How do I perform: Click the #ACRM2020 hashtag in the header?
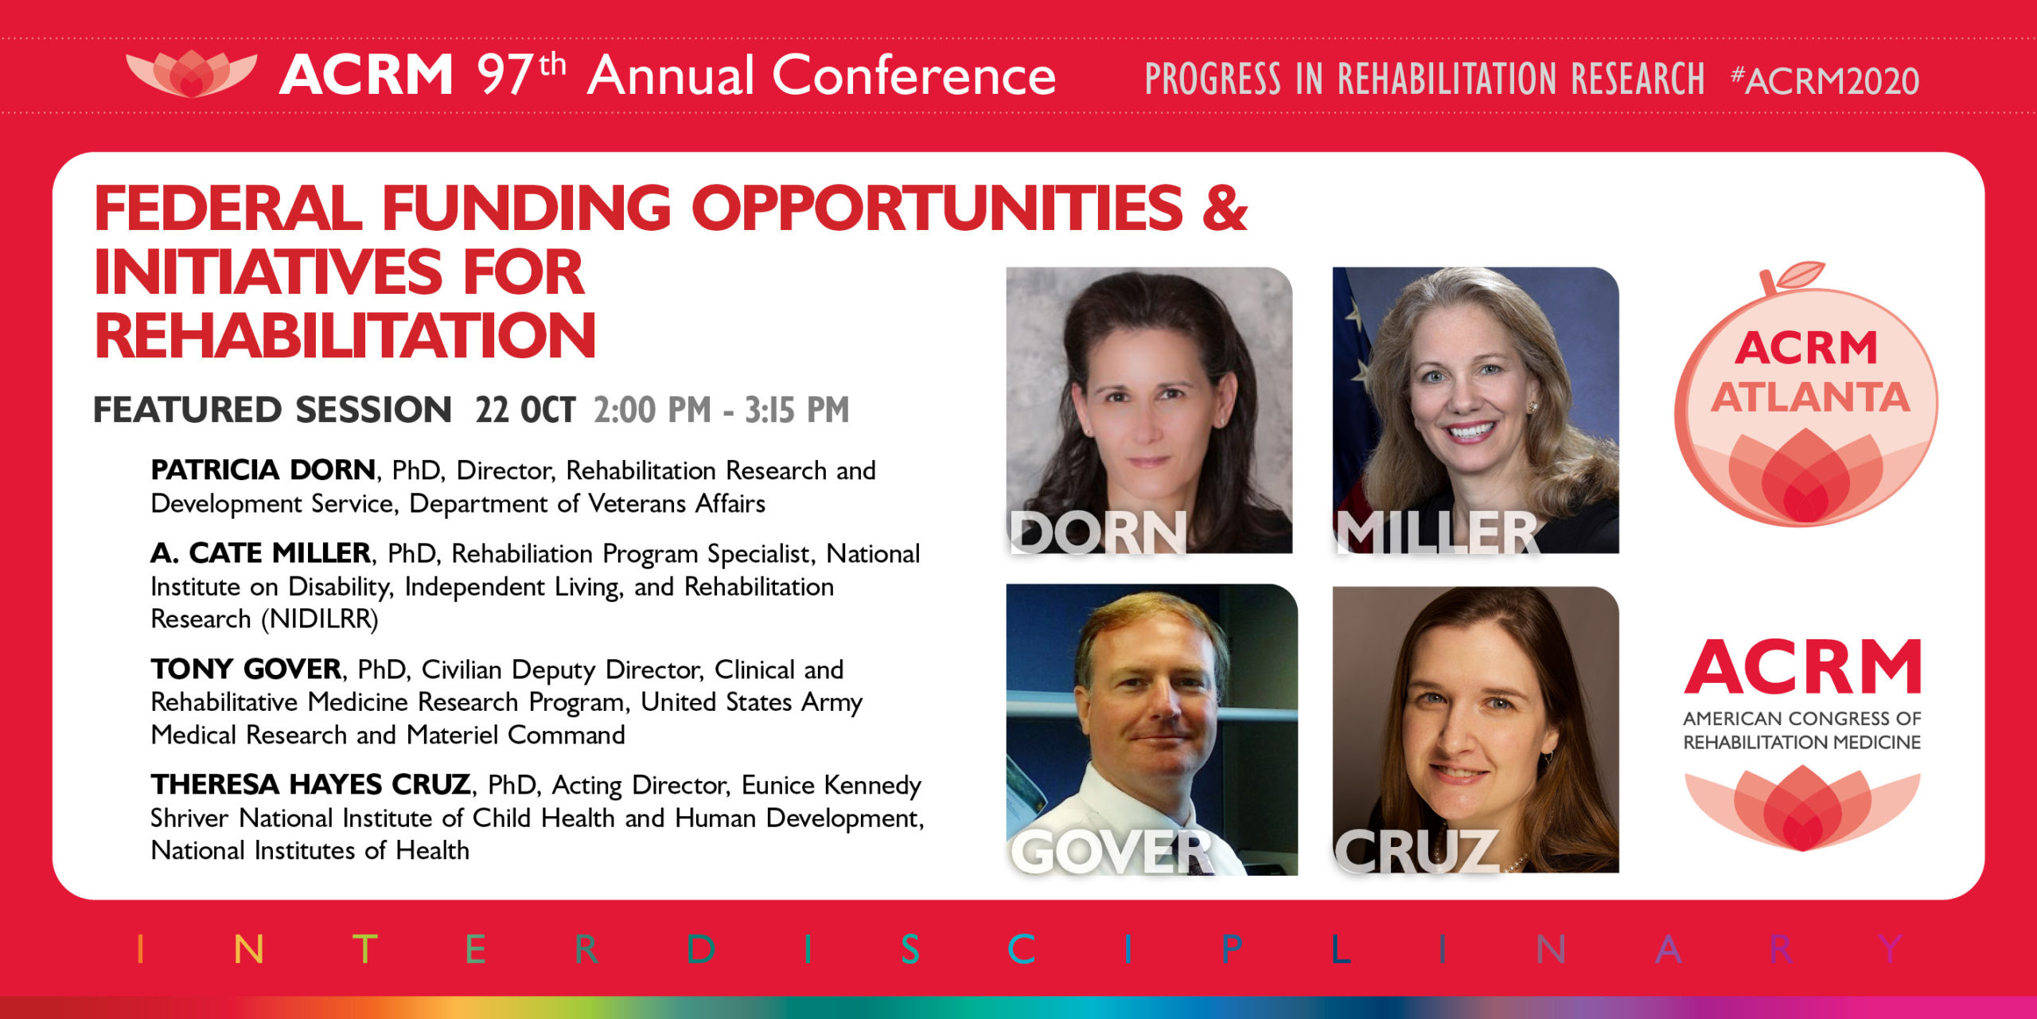point(1825,80)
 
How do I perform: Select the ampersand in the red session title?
point(1225,208)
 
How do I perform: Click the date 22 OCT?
point(525,410)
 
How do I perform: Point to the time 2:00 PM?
point(652,410)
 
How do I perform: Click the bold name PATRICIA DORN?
point(263,470)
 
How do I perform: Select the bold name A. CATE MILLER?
point(261,552)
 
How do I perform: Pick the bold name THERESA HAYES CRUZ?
point(311,784)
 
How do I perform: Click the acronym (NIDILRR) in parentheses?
point(320,619)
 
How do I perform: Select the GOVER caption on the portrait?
point(1112,851)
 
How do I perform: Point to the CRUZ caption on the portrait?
point(1416,851)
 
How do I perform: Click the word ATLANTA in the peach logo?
point(1810,396)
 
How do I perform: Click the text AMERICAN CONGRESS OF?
point(1802,718)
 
